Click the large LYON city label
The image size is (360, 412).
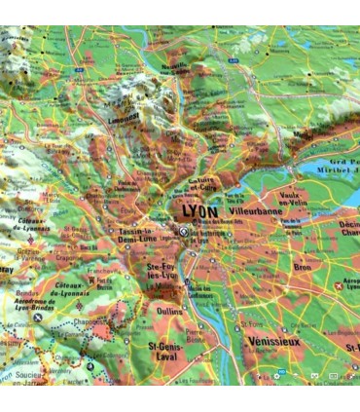pos(201,209)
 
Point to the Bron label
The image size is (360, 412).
pos(276,266)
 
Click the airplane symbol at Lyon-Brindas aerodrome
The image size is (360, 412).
pos(37,318)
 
